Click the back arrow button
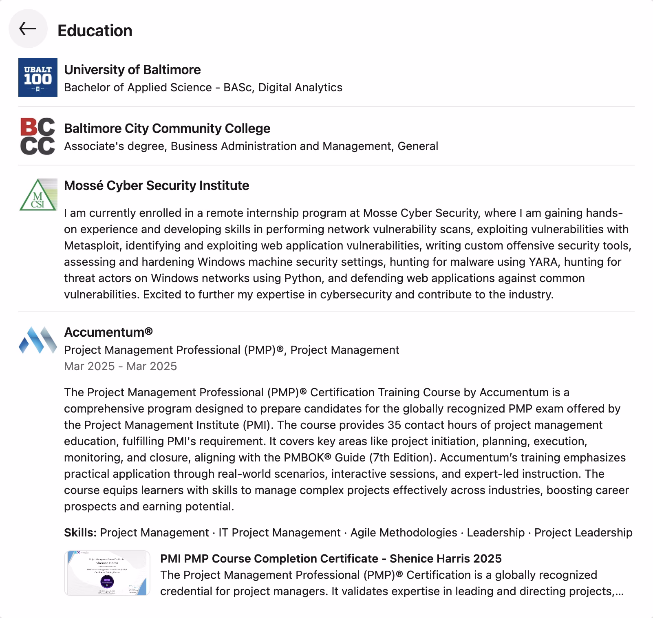pos(28,29)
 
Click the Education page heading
pos(95,31)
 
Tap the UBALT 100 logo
pos(38,77)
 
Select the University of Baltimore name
pos(132,70)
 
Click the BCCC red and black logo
pos(38,137)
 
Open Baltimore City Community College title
pos(167,128)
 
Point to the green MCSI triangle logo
pos(38,195)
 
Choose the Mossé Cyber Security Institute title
pos(157,185)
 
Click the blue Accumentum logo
pos(38,340)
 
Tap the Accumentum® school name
pos(108,332)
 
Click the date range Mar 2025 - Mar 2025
pos(120,366)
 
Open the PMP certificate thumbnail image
pos(107,573)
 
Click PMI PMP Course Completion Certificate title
pos(331,558)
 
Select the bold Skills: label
pos(80,532)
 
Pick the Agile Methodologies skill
pos(404,532)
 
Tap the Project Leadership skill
pos(583,532)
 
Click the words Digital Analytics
pos(300,87)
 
